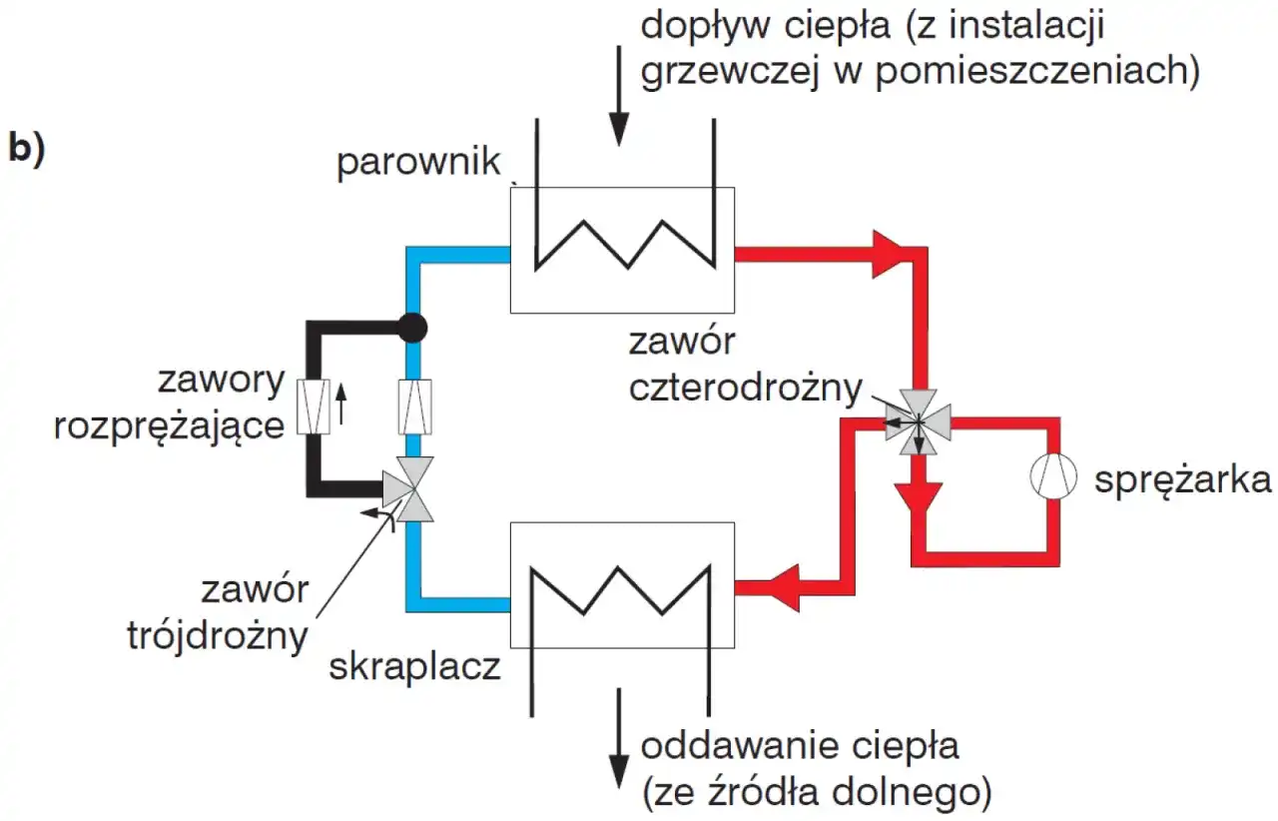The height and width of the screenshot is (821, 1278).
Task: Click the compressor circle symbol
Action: tap(1055, 479)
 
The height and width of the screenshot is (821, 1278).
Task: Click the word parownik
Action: tap(417, 163)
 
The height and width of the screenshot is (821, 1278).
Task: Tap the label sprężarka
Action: tap(1183, 480)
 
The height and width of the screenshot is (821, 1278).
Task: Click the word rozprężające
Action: tap(170, 424)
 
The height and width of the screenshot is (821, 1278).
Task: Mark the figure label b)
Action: tap(26, 147)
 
